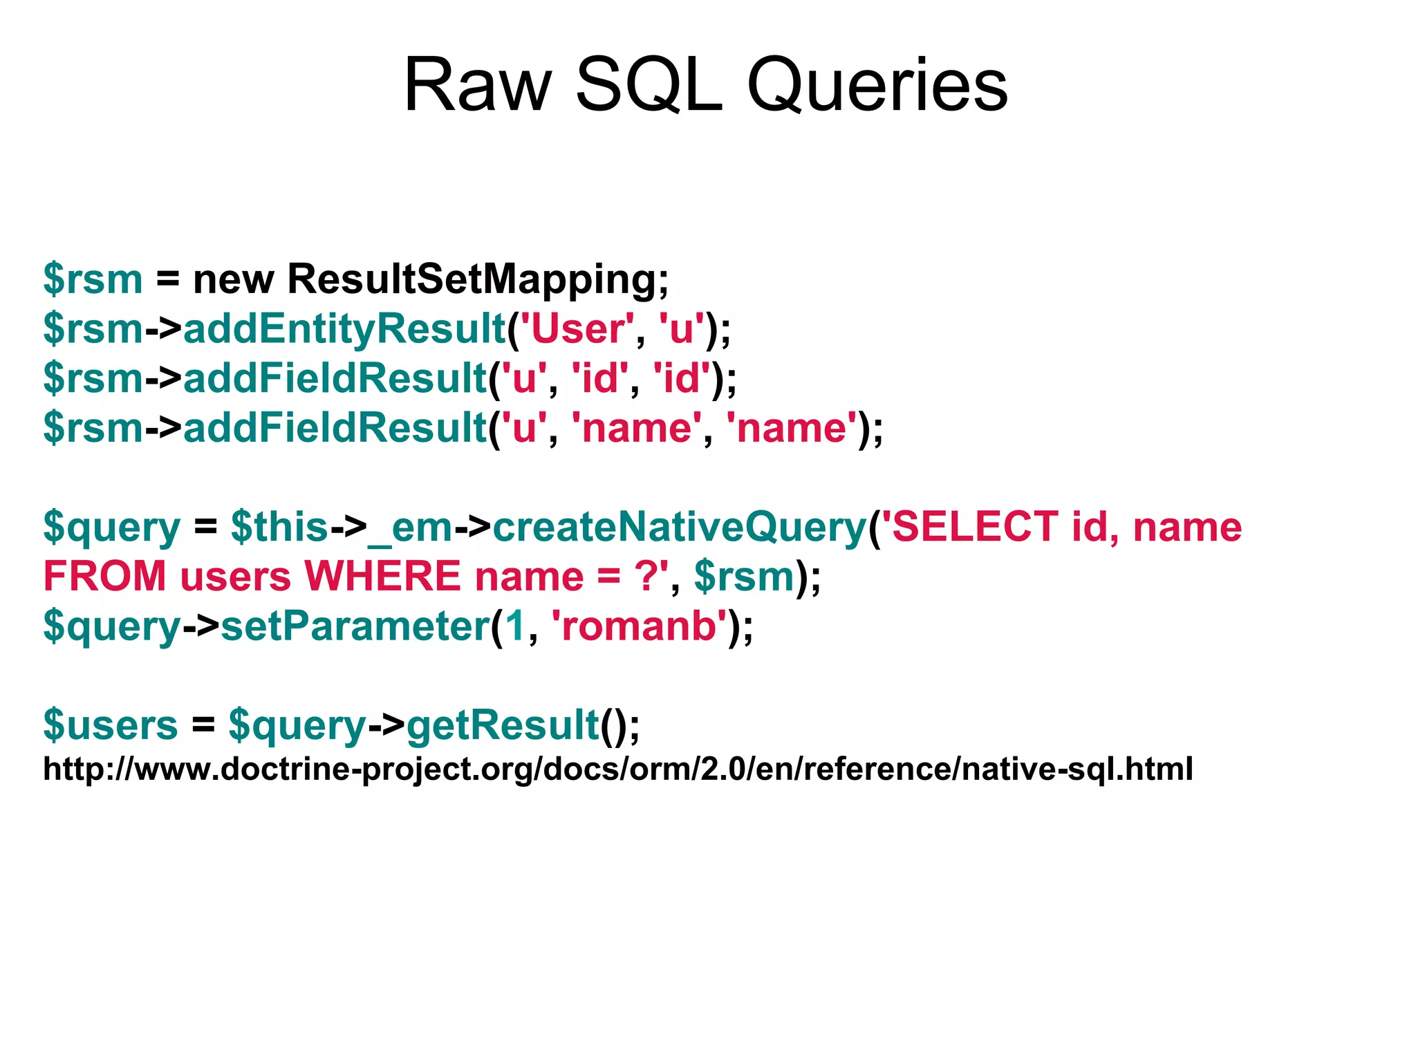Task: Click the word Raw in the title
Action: tap(477, 86)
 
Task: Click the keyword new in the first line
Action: tap(234, 279)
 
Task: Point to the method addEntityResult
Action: tap(344, 328)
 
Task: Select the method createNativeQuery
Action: tap(679, 527)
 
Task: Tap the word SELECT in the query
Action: tap(975, 527)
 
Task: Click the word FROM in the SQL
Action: tap(104, 576)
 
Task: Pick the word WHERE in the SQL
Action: tap(382, 576)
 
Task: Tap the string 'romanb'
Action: tap(638, 626)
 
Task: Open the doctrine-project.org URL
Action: tap(617, 769)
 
